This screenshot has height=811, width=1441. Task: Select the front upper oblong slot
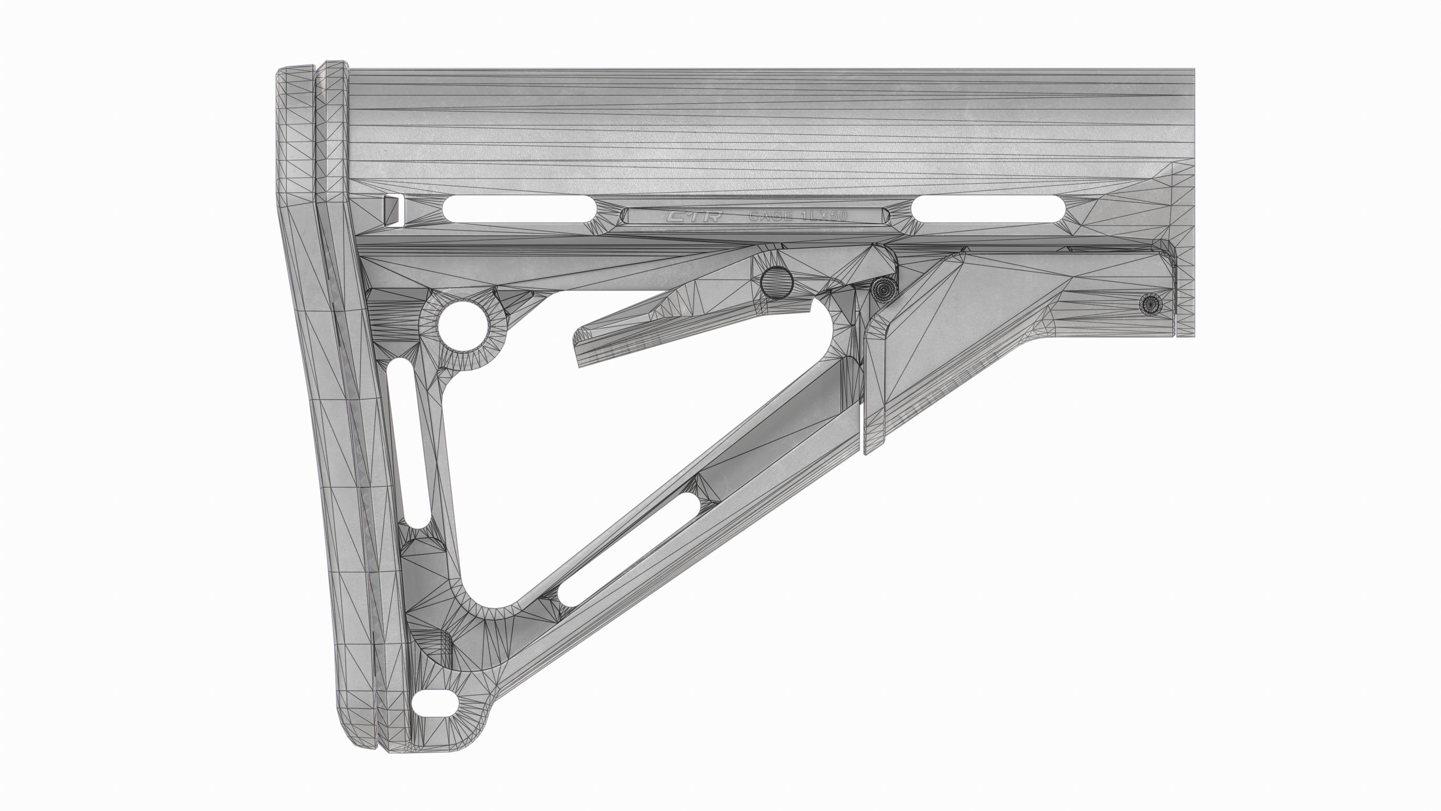987,209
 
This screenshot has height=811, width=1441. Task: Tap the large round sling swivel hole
462,325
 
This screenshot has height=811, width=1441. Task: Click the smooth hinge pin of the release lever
778,283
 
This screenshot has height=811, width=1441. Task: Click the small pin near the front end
1150,304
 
